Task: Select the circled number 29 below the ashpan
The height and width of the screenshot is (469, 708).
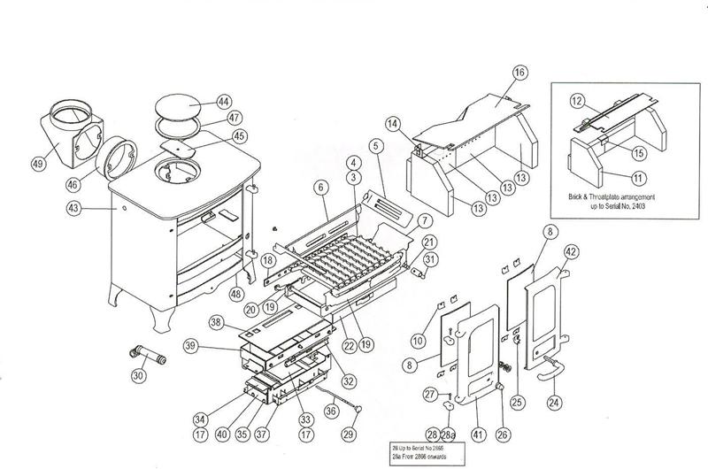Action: tap(349, 434)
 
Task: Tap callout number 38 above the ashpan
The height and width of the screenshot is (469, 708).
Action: tap(216, 325)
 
